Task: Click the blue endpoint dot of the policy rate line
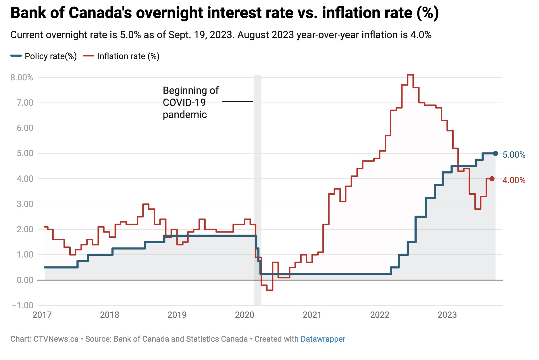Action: [495, 153]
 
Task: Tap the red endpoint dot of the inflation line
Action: [492, 179]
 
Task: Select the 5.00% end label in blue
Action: [514, 155]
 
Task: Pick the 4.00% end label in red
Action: [514, 180]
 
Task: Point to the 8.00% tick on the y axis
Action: [22, 78]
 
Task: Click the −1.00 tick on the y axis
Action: [23, 305]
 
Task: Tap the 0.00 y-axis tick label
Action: [25, 280]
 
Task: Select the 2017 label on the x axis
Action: [42, 315]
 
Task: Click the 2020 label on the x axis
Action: [245, 315]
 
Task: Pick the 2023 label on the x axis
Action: [447, 315]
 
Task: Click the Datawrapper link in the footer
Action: [323, 339]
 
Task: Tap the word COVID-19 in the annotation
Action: [184, 102]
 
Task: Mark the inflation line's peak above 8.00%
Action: [410, 75]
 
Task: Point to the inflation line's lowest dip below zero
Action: [269, 290]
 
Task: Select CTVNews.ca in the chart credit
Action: [56, 339]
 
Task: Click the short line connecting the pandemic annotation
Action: [237, 102]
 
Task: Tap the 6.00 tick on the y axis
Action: [25, 128]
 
